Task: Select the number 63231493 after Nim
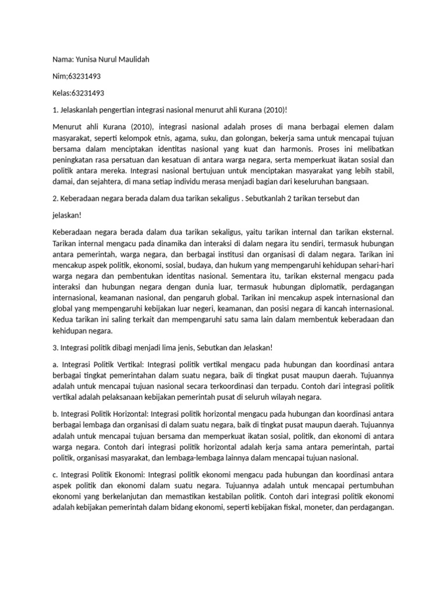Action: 85,77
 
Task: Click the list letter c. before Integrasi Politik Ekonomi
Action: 55,474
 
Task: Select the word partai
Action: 382,447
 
